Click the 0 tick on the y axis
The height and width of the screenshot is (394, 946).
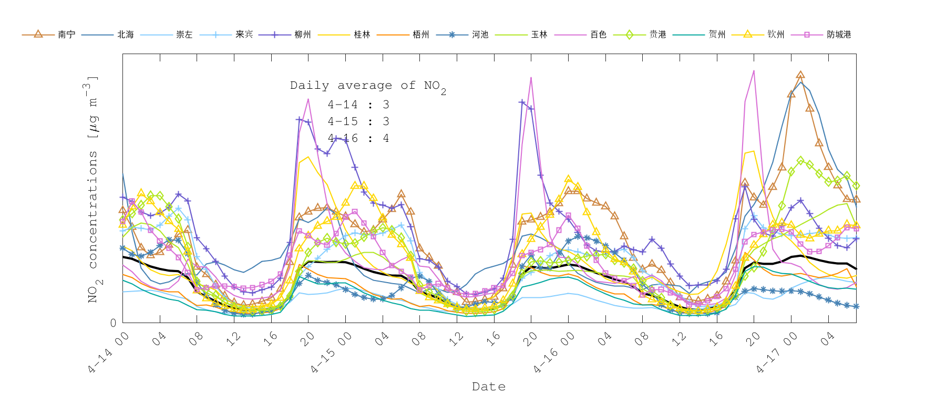point(113,323)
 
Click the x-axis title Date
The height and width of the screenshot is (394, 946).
point(489,387)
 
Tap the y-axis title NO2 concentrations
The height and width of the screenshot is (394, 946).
point(92,189)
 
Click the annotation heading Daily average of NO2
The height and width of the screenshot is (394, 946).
point(367,86)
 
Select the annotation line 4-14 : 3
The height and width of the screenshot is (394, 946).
point(358,105)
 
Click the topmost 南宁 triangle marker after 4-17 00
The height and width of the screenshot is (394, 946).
point(800,75)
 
